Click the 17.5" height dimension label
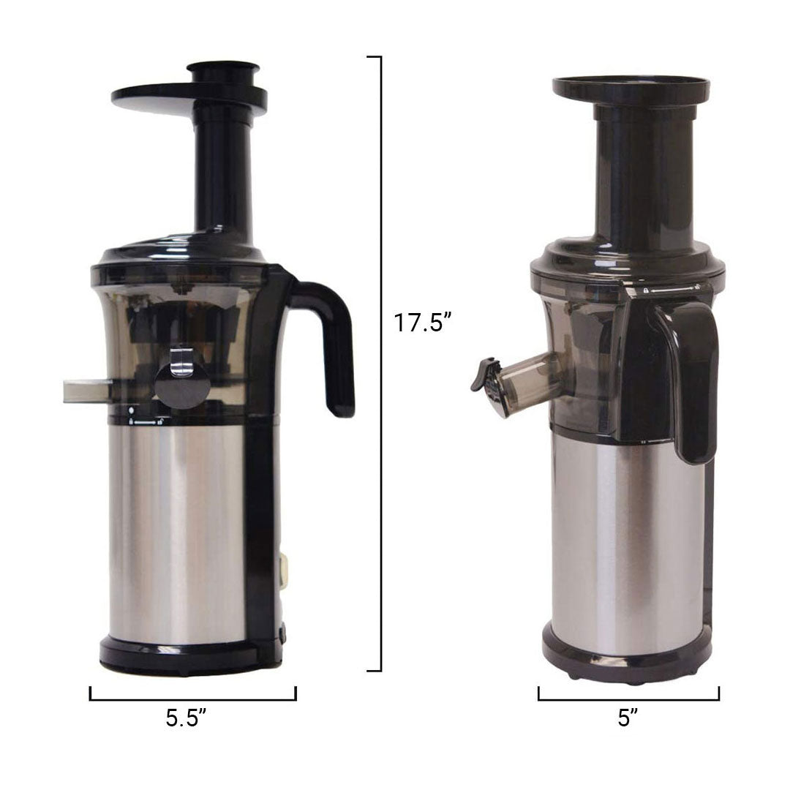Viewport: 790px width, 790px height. pos(422,323)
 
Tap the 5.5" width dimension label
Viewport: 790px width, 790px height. pos(186,718)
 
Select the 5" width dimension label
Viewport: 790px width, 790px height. pos(628,718)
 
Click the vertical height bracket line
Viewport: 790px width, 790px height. pos(380,364)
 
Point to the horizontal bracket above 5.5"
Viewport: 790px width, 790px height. pos(193,699)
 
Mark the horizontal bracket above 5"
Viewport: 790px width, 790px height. pos(629,699)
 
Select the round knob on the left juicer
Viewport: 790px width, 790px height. pos(182,385)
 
